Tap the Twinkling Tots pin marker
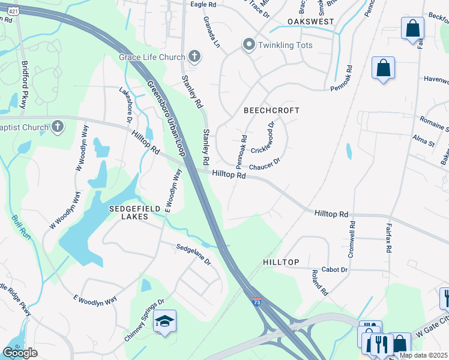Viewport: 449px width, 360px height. [249, 44]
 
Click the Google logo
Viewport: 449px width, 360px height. [20, 352]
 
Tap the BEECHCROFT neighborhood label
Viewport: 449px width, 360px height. [271, 110]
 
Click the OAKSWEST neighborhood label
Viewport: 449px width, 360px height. [310, 21]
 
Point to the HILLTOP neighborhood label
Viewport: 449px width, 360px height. [281, 263]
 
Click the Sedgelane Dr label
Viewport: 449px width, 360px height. [193, 254]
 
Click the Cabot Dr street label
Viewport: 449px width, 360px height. [335, 270]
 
